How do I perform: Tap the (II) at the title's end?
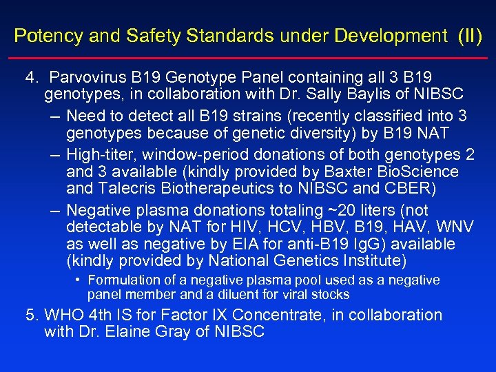(471, 35)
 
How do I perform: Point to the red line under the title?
(248, 59)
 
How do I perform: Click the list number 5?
(32, 315)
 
